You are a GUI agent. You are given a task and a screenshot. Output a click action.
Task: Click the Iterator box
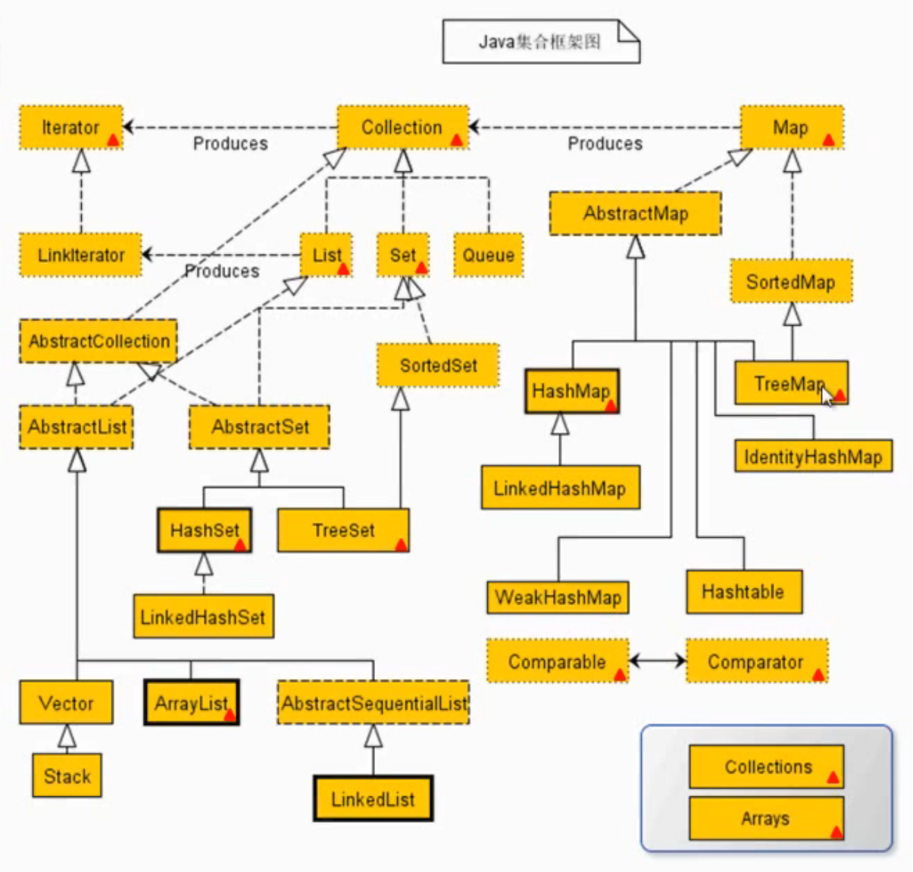pos(70,127)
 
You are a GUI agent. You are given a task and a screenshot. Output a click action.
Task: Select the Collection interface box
pos(402,127)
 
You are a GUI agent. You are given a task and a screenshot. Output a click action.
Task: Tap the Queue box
pos(488,255)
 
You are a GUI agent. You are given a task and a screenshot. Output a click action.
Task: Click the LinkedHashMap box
pos(560,488)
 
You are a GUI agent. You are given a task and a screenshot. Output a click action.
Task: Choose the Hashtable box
pos(743,592)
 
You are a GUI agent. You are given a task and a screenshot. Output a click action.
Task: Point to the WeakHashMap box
pos(558,598)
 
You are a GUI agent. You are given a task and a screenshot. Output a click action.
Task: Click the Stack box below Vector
pos(67,776)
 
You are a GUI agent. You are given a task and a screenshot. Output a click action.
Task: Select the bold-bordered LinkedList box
pos(373,799)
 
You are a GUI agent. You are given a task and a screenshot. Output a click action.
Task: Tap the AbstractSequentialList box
pos(374,704)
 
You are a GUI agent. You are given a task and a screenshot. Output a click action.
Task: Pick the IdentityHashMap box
pos(813,457)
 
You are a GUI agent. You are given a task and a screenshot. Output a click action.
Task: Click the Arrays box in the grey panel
pos(765,818)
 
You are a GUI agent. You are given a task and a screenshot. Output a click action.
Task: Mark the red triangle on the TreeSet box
pos(401,544)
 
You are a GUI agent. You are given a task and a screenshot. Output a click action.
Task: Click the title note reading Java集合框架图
pos(540,42)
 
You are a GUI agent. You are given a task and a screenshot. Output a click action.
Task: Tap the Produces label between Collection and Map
pos(605,144)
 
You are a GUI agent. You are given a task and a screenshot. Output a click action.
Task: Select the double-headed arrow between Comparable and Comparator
pos(657,661)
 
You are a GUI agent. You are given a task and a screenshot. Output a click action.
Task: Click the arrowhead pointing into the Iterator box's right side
pos(129,127)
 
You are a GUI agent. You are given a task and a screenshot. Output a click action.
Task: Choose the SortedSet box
pos(438,366)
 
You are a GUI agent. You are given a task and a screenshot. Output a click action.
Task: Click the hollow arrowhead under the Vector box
pos(67,736)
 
